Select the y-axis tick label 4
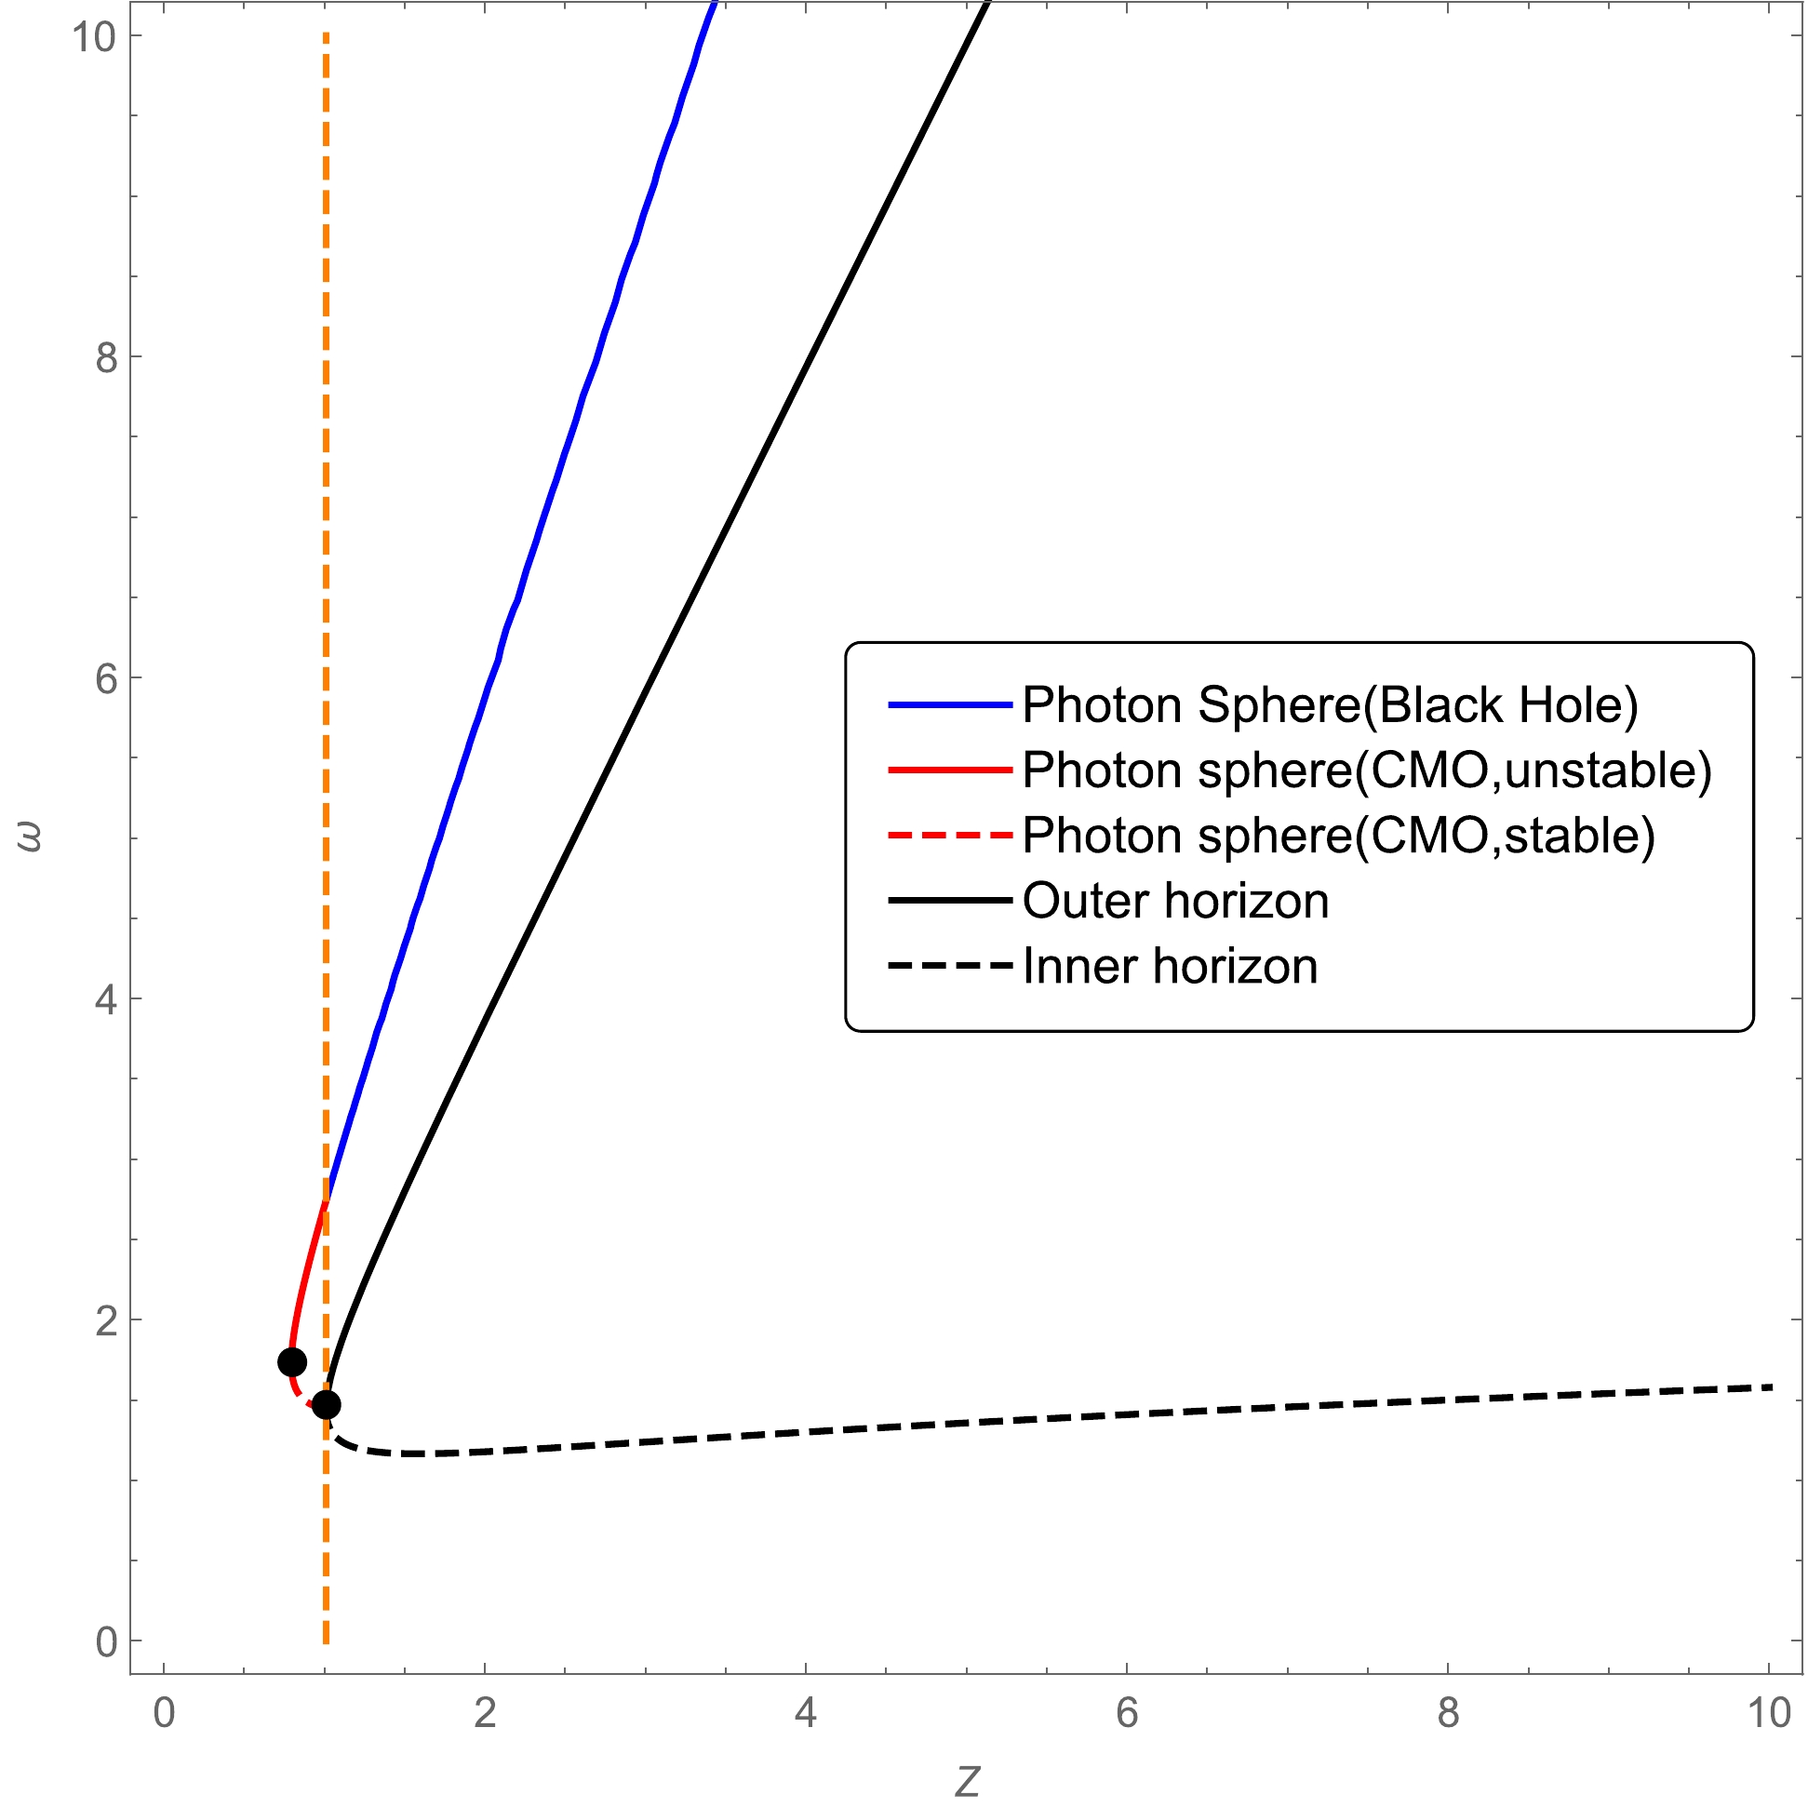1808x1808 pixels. [x=107, y=999]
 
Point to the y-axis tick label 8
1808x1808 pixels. [x=107, y=357]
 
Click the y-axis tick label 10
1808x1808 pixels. [x=95, y=37]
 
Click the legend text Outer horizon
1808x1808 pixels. [x=1175, y=901]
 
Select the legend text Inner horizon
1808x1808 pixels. [x=1170, y=967]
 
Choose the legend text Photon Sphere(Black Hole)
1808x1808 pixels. [x=1330, y=704]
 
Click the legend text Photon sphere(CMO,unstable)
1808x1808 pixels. [x=1366, y=770]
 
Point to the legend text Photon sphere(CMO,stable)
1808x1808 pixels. [x=1338, y=836]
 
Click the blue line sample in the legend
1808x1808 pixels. [x=950, y=704]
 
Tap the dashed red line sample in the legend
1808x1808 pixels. [x=950, y=835]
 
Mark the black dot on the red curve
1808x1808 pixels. [x=292, y=1361]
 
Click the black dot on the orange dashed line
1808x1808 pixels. [x=326, y=1405]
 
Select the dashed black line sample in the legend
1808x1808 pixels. [x=950, y=966]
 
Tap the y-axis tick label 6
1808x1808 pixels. [x=107, y=679]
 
